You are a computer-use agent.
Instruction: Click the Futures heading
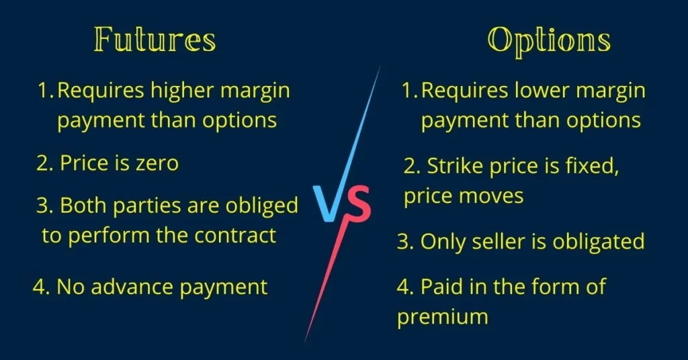point(155,40)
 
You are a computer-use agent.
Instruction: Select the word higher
point(182,90)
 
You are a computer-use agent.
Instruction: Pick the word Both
point(83,206)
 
